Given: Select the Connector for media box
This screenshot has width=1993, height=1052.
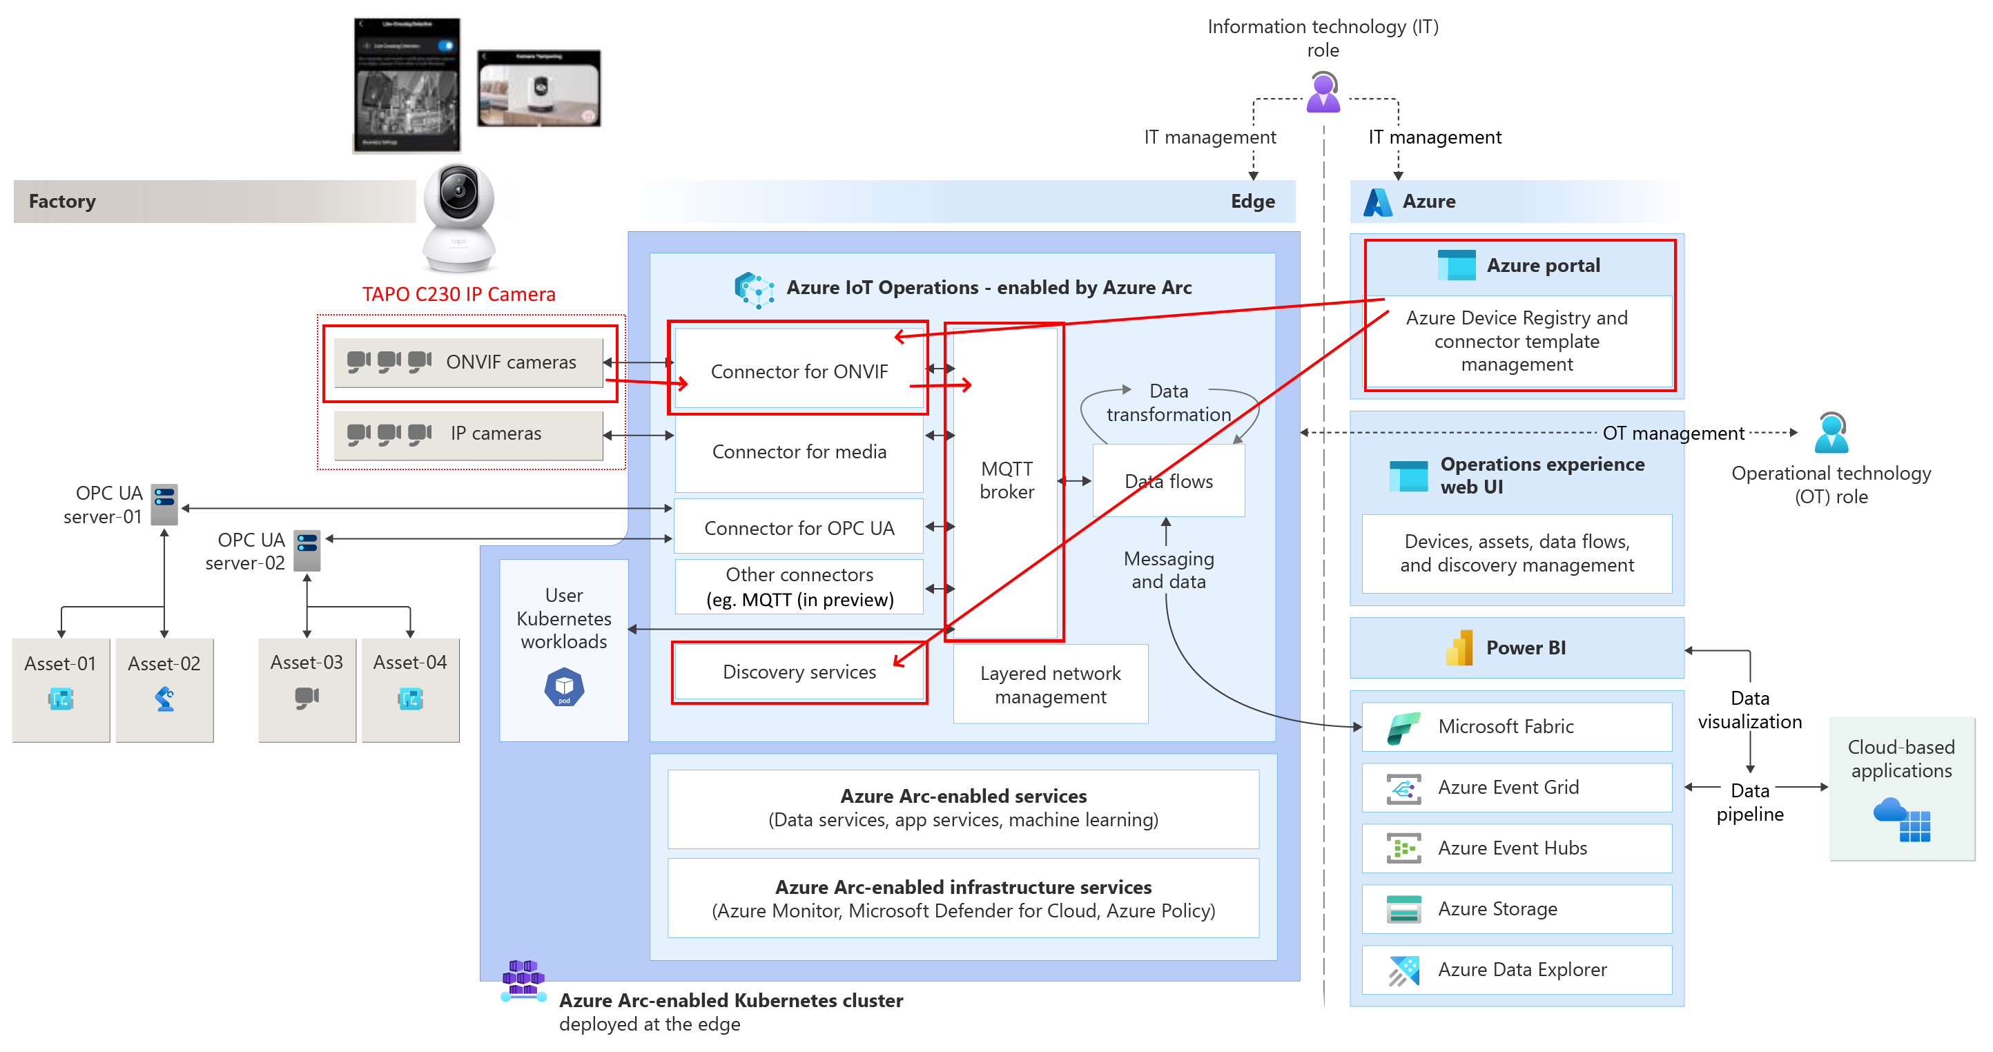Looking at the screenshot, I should (799, 451).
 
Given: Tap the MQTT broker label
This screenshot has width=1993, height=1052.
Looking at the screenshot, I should (1006, 480).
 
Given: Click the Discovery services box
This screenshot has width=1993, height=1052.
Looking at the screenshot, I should (799, 672).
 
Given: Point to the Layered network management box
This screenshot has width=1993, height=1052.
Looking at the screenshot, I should (1050, 685).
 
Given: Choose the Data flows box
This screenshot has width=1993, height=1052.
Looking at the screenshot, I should (1168, 481).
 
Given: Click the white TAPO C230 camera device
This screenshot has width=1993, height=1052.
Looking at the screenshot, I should (459, 217).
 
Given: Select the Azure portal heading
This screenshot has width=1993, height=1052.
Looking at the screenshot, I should (1543, 265).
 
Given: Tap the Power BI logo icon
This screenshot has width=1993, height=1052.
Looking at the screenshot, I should (1459, 648).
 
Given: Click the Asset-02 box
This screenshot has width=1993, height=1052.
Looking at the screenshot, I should (164, 689).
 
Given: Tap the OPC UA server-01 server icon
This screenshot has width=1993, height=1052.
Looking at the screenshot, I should (165, 505).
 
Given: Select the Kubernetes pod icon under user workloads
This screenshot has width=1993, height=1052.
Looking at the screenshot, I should (564, 687).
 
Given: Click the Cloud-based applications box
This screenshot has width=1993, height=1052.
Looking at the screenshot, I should (1901, 789).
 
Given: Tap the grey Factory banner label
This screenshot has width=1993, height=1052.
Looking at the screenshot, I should (63, 201).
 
